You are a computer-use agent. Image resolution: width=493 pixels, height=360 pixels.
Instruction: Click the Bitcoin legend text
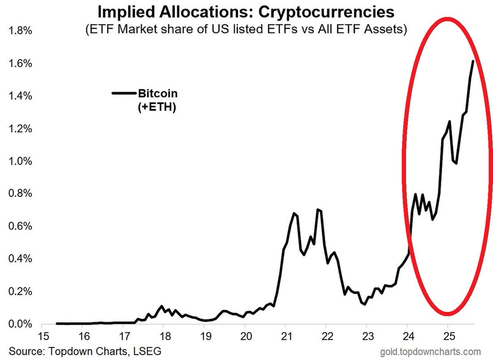pyautogui.click(x=158, y=94)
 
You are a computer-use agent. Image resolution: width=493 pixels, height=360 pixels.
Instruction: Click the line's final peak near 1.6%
pyautogui.click(x=473, y=61)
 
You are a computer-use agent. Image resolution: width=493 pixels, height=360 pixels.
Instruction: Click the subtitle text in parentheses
pyautogui.click(x=246, y=30)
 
